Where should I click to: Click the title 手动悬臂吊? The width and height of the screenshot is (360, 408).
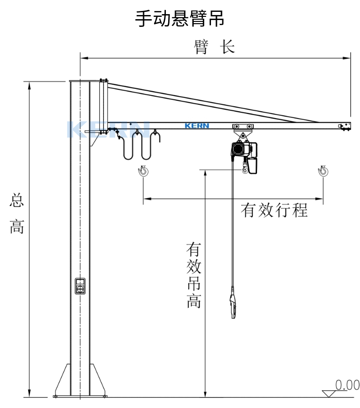pyautogui.click(x=180, y=19)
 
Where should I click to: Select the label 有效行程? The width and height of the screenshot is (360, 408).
pyautogui.click(x=274, y=210)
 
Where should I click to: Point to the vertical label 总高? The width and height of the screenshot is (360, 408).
pyautogui.click(x=16, y=214)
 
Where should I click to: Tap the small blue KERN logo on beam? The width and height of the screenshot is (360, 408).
pyautogui.click(x=197, y=126)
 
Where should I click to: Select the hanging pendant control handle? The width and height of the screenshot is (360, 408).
pyautogui.click(x=233, y=306)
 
